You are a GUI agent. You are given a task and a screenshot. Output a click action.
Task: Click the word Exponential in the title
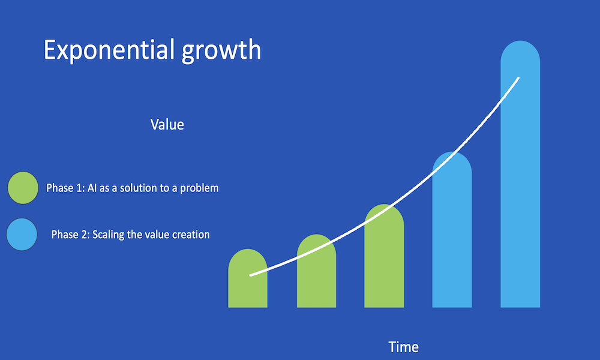coord(106,50)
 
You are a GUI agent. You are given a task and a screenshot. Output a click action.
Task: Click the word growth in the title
coord(221,50)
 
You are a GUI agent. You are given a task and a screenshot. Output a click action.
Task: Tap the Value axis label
coord(167,124)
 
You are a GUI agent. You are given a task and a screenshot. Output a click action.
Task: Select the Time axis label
coord(403,347)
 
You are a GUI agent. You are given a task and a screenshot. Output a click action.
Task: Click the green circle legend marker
coord(23,187)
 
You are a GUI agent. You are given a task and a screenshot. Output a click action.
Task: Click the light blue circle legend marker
coord(22,235)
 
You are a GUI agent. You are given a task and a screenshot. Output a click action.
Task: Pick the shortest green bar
coord(248,278)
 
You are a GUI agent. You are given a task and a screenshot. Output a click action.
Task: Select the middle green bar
coord(316,271)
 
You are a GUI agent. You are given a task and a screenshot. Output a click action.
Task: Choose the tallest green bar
coord(384,256)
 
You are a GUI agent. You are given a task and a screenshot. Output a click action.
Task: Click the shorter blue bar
coord(452,230)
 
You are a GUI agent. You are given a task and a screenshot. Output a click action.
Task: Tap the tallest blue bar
coord(520,174)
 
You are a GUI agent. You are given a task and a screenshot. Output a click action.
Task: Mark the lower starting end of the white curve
coord(251,275)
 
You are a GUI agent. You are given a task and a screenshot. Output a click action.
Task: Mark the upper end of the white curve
coord(518,78)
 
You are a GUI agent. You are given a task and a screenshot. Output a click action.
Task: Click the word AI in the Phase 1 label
coord(92,188)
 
